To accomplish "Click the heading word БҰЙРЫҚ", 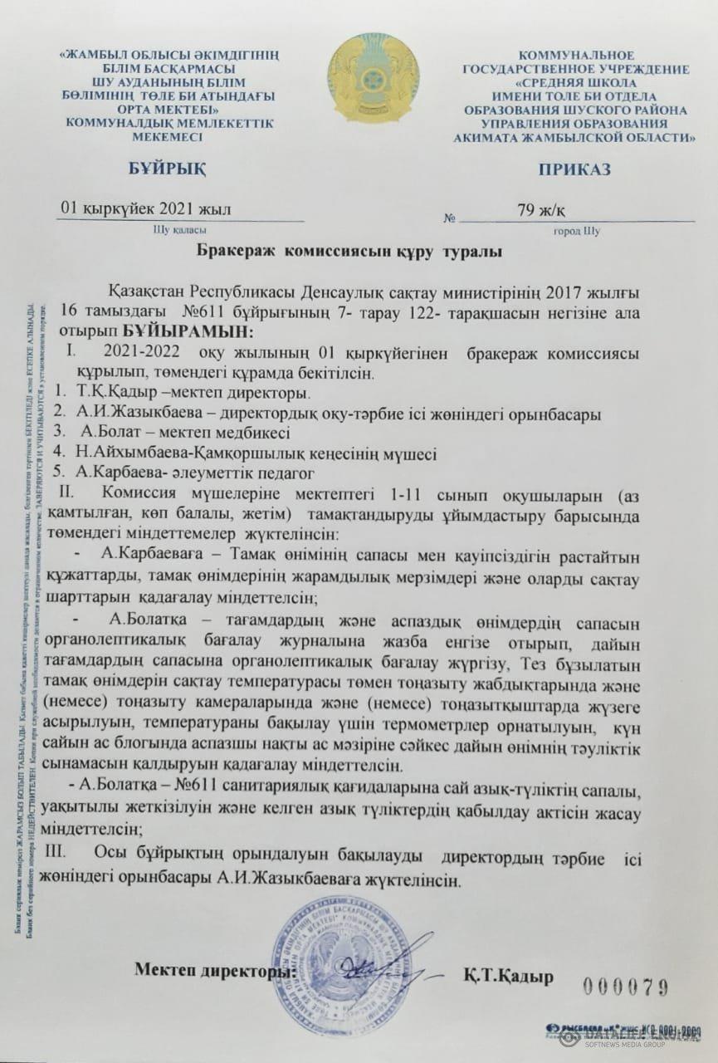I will [x=168, y=169].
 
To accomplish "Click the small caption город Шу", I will [x=576, y=231].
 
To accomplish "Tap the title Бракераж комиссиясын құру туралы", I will [x=349, y=250].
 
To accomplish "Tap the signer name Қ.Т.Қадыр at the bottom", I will [x=508, y=977].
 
